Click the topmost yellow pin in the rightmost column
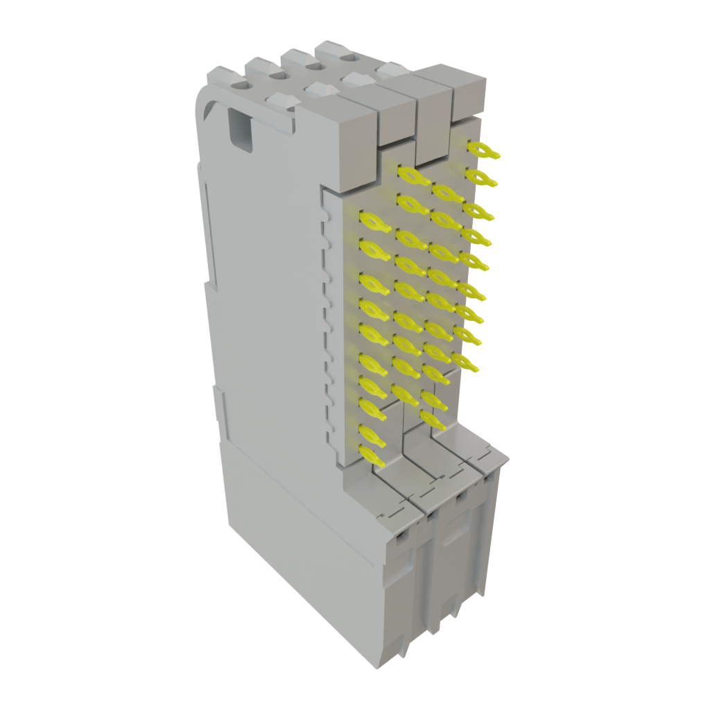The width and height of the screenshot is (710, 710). click(483, 150)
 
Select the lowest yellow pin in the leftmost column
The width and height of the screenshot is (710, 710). click(372, 456)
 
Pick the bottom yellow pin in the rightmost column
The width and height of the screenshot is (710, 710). click(465, 361)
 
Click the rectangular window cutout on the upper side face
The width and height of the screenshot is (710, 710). click(240, 129)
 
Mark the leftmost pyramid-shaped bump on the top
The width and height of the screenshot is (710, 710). click(281, 102)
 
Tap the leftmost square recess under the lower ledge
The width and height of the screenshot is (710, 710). click(400, 538)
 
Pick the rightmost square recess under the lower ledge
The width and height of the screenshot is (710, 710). click(490, 478)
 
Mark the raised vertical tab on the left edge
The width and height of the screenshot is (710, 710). click(220, 409)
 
